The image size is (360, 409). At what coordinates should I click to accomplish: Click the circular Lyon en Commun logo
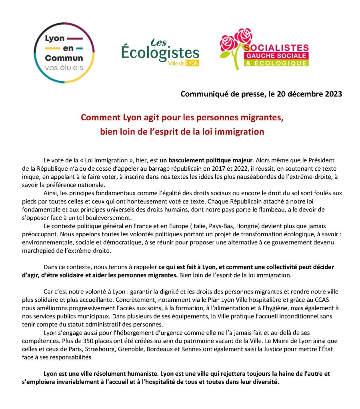coord(64,52)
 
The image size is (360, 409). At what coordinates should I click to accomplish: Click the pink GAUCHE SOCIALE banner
coord(276,55)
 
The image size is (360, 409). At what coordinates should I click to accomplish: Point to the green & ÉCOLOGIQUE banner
coord(276,63)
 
